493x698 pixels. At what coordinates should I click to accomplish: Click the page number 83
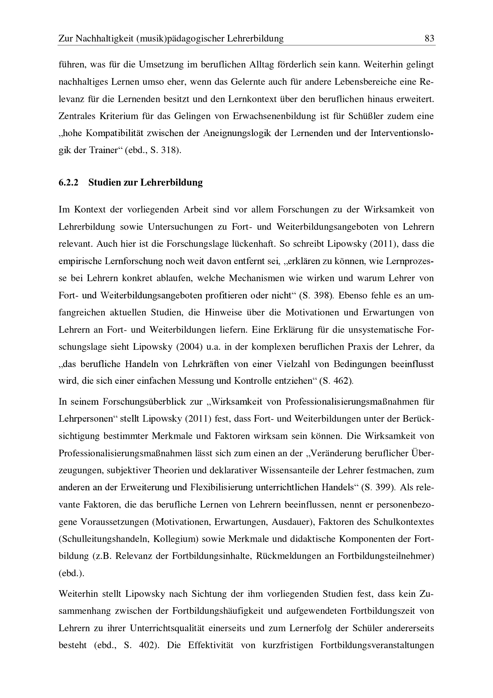[x=429, y=38]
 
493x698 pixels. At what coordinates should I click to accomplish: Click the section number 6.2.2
[x=68, y=182]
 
